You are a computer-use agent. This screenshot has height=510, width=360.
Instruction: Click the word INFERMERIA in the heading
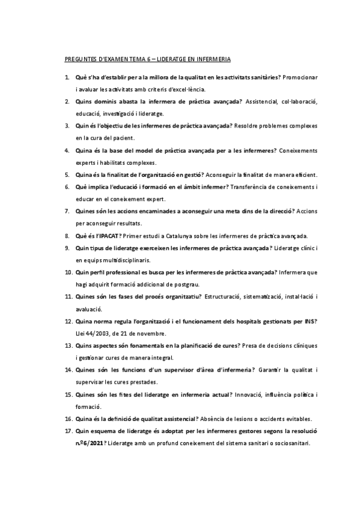pyautogui.click(x=211, y=60)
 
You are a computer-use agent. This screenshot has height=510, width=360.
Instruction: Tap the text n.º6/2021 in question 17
pyautogui.click(x=89, y=444)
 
